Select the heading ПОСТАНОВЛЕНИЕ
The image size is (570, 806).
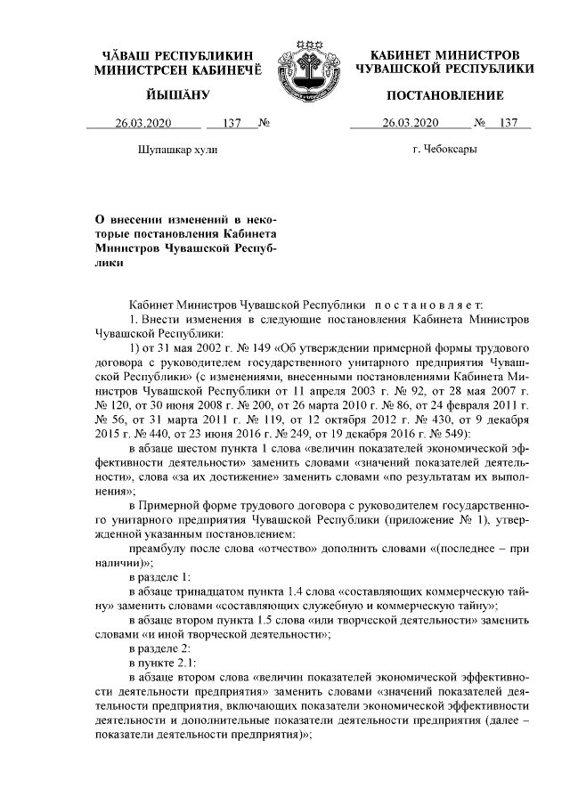(x=444, y=94)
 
